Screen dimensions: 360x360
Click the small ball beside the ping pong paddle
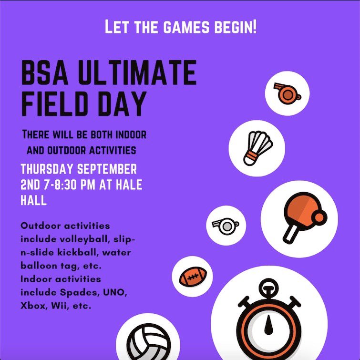coord(318,217)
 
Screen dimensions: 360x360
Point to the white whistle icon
coord(226,225)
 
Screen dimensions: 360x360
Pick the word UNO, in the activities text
coord(112,292)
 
